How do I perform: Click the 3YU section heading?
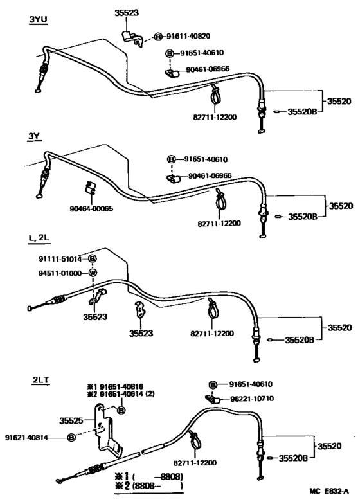point(38,20)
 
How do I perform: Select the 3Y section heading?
point(34,136)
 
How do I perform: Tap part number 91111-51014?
point(60,259)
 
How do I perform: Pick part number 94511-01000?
point(60,273)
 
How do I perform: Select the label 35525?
point(71,421)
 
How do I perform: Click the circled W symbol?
point(91,273)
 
